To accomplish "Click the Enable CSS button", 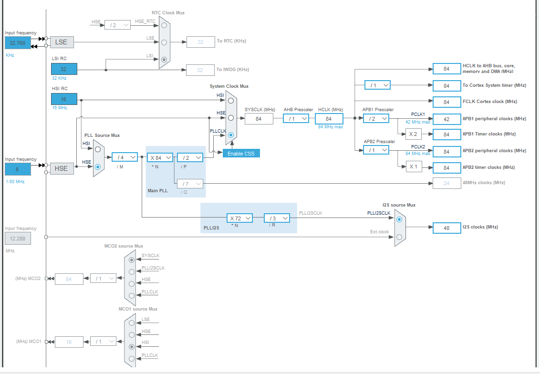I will click(x=241, y=153).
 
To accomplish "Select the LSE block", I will click(x=62, y=42).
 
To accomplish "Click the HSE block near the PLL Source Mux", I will click(x=62, y=168).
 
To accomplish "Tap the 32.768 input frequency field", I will click(x=18, y=43).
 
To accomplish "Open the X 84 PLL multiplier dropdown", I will click(x=160, y=157).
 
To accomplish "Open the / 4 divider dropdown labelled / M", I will click(x=125, y=157).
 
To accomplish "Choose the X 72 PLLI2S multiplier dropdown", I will click(x=239, y=218).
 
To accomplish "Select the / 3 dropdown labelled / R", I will click(x=277, y=218).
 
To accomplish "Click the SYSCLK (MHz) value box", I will click(x=259, y=119).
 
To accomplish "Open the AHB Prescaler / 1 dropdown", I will click(x=296, y=119).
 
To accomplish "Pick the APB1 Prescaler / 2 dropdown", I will click(x=376, y=119).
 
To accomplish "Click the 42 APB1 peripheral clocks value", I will click(x=447, y=119).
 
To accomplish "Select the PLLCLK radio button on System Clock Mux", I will click(x=231, y=135).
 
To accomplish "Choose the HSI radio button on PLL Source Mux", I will click(x=98, y=149).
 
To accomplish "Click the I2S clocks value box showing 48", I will click(x=447, y=228).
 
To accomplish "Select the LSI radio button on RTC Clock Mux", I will click(x=164, y=60).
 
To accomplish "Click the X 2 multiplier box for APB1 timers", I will click(x=414, y=134).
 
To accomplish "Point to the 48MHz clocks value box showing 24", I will click(x=447, y=183).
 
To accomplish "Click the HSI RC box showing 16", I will click(x=63, y=99).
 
